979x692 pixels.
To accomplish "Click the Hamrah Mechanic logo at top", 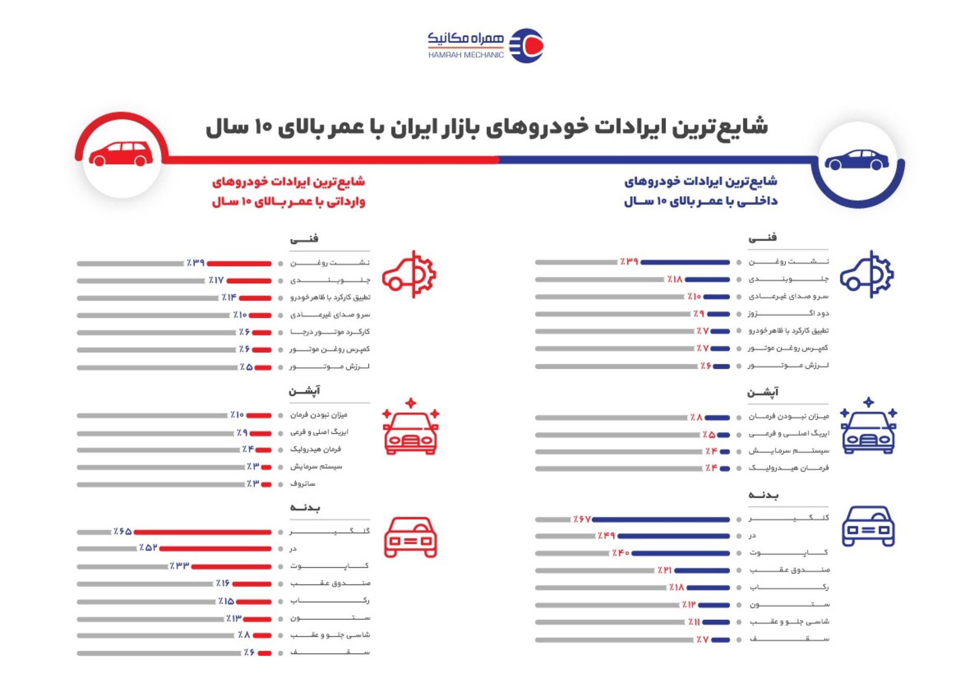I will pos(485,45).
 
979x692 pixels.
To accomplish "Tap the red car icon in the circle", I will pos(121,154).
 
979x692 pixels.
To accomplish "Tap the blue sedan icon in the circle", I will pos(857,160).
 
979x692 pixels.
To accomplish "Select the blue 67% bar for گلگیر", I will pos(661,520).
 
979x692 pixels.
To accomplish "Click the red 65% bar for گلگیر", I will pos(202,532).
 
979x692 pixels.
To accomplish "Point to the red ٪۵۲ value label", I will pos(148,548).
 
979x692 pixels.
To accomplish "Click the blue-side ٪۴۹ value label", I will pos(606,536).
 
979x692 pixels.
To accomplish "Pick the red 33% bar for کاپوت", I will pos(231,567).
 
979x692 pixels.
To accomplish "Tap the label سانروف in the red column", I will pos(303,483).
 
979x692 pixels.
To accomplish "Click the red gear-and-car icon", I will pos(409,274).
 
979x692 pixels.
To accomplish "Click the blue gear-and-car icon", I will pos(867,274).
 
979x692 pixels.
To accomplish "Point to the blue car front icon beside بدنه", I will pos(868,526).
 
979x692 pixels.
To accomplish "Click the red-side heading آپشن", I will pos(304,391).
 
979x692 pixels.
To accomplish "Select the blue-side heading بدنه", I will pos(763,495).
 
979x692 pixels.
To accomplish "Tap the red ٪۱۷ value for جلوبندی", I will pos(216,280).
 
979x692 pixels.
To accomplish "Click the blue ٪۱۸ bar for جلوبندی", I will pos(708,279).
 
